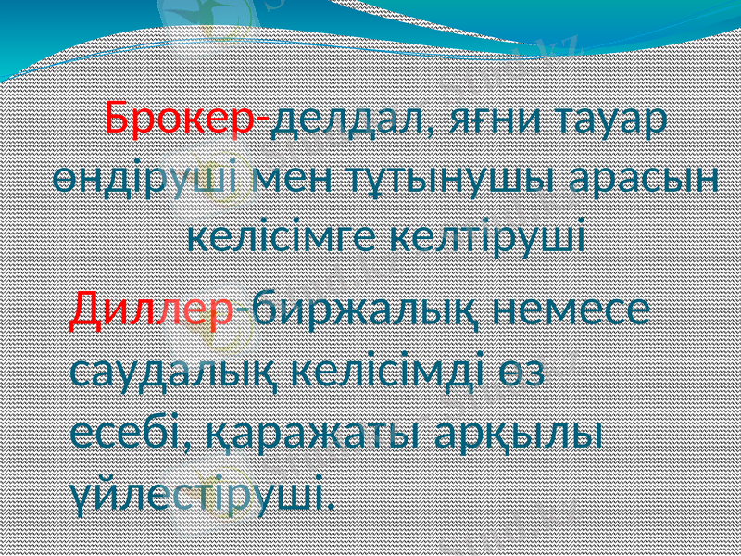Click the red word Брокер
(x=182, y=119)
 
